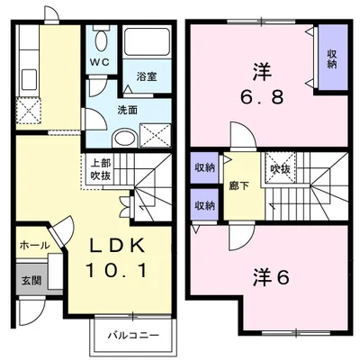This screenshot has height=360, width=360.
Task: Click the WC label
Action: (99, 62)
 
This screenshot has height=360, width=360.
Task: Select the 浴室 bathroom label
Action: (147, 76)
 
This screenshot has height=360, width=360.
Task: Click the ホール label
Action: (33, 244)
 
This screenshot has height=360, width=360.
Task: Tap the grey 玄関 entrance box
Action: (30, 278)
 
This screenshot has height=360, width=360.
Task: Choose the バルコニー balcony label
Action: (133, 335)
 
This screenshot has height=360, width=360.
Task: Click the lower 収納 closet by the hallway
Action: (204, 204)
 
